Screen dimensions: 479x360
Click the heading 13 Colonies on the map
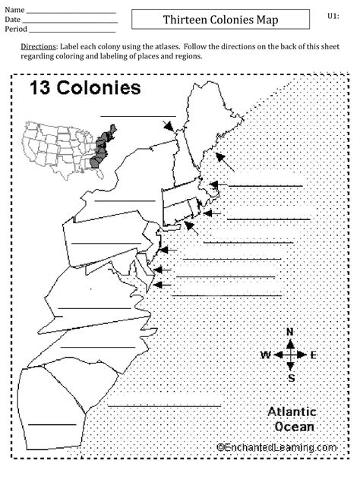[85, 87]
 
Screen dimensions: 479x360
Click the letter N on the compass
[289, 332]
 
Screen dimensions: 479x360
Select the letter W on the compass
[266, 355]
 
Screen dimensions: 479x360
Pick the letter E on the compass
[313, 355]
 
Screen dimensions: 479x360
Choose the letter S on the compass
[290, 377]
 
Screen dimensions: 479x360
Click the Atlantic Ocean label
[292, 419]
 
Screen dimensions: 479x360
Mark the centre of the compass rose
[289, 355]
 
